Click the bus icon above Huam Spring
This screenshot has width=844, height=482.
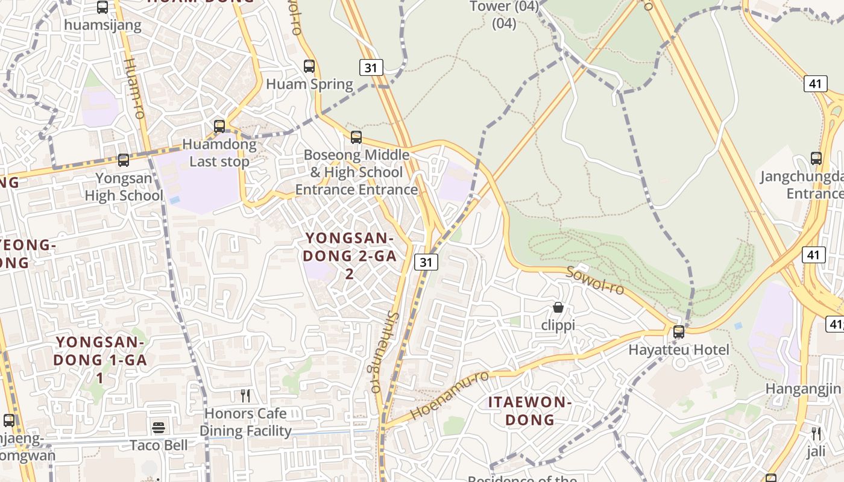point(309,66)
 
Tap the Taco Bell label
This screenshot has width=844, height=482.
point(159,445)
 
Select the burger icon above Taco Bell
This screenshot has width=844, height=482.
point(159,428)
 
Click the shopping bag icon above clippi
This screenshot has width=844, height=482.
point(558,307)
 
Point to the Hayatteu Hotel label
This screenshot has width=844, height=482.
point(679,349)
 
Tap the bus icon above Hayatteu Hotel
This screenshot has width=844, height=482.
point(679,332)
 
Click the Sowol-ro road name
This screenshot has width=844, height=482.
point(594,280)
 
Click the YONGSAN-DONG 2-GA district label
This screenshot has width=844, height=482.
point(350,255)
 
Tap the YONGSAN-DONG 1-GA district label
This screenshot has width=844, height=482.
point(100,360)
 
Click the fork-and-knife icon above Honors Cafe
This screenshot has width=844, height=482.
point(245,396)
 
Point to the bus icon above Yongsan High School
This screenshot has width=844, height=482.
point(124,160)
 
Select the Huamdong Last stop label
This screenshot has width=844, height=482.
point(219,153)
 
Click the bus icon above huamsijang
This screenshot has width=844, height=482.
point(102,7)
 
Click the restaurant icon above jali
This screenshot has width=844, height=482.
point(816,433)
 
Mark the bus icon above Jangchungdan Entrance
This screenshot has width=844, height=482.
point(816,158)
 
